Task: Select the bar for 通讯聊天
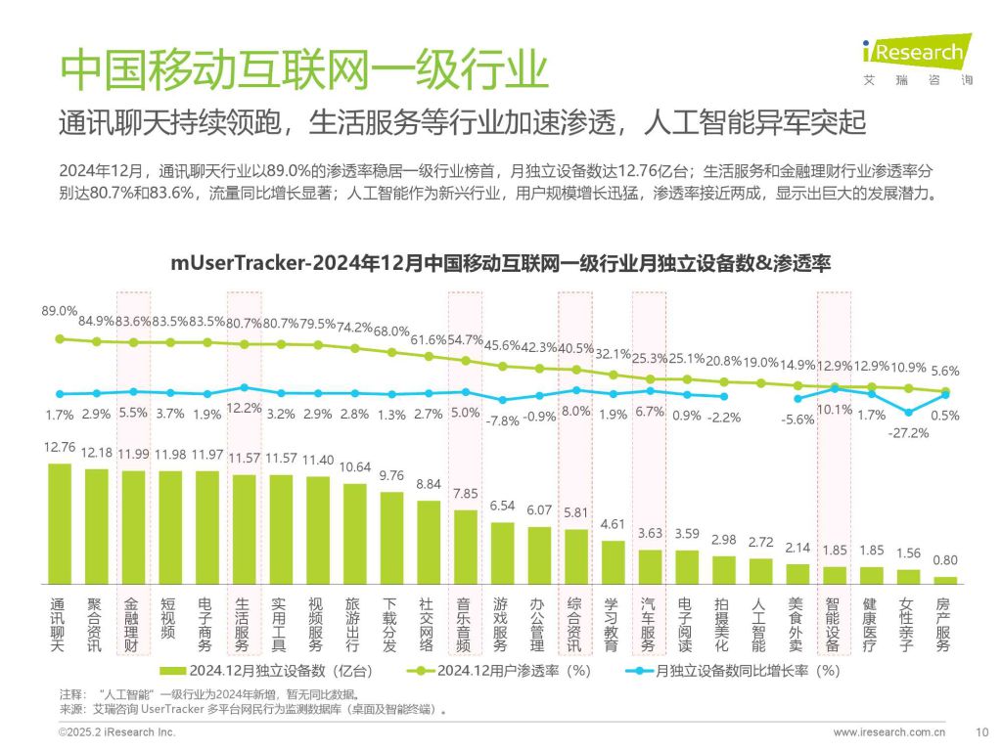click(60, 523)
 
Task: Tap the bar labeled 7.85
click(466, 546)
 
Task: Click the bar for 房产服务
click(945, 580)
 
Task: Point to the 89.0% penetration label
click(59, 311)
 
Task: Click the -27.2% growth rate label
click(909, 433)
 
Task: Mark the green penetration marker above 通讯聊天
click(60, 338)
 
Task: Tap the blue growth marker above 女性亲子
click(909, 412)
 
